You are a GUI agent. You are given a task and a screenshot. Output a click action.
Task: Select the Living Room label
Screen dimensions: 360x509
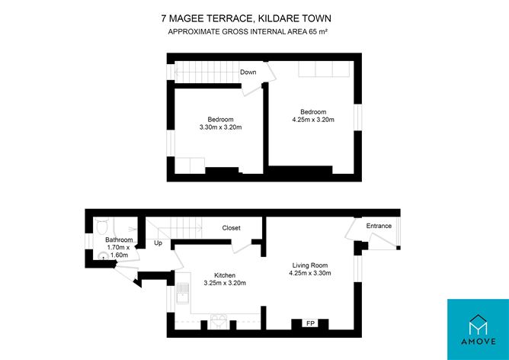[311, 265]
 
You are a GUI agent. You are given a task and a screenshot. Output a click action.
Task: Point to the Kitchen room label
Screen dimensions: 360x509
[224, 275]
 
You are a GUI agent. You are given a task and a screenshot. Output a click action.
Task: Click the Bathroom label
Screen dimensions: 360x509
[120, 240]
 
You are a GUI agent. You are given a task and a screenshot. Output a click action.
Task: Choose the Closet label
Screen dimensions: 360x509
[231, 228]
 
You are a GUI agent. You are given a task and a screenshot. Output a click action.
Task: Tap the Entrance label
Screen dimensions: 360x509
[379, 226]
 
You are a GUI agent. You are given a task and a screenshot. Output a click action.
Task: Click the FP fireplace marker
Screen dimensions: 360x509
[310, 323]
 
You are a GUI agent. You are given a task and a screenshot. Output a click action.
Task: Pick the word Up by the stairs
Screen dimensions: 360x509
[158, 243]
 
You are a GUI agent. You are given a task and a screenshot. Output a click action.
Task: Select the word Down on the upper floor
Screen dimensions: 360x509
[248, 72]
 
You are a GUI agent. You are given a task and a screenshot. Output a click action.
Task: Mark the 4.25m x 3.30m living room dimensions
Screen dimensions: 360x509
[311, 273]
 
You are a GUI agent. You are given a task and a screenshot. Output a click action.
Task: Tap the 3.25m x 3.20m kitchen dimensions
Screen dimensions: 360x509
[224, 283]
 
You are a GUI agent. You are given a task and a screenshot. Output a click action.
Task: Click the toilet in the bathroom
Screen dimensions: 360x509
[104, 227]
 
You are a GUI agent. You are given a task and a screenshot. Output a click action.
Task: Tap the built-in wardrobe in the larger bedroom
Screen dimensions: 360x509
[325, 69]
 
